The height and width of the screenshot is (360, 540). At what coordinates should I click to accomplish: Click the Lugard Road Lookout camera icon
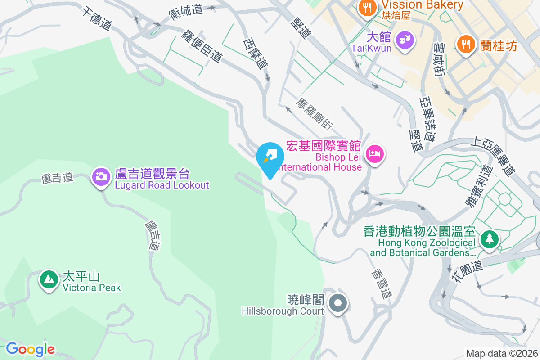pyautogui.click(x=102, y=176)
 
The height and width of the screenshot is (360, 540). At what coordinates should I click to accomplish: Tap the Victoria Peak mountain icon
pyautogui.click(x=49, y=279)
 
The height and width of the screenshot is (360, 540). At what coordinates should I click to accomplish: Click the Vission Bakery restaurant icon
pyautogui.click(x=368, y=7)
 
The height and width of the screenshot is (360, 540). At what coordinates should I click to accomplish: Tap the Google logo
pyautogui.click(x=30, y=349)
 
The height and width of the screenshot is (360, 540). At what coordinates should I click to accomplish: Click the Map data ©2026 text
pyautogui.click(x=502, y=353)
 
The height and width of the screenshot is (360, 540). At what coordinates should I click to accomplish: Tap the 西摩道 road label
pyautogui.click(x=256, y=54)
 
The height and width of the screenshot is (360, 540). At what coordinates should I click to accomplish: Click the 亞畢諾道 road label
pyautogui.click(x=427, y=119)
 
